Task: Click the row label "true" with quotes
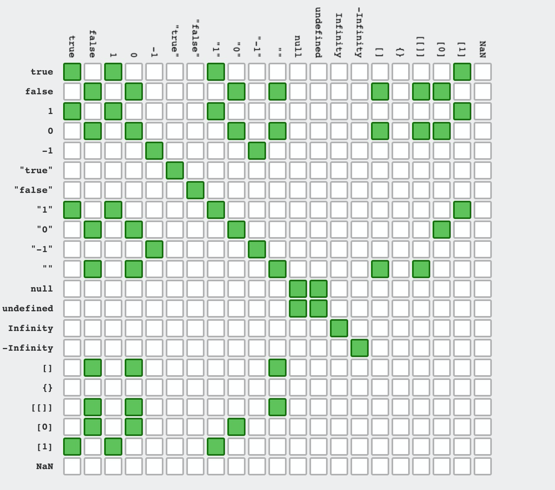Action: pos(36,170)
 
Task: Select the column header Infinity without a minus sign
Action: pos(339,35)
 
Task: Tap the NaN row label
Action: pos(45,466)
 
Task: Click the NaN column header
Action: pos(482,49)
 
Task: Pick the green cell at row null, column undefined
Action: pos(319,289)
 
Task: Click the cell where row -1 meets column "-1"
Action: pos(257,151)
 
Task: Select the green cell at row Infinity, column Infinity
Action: pos(339,328)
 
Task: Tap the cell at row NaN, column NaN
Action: pos(483,466)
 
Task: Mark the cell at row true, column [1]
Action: pos(462,72)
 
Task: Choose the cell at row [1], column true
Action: pos(72,447)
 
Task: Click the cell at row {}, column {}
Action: pos(401,387)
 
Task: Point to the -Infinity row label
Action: pos(28,348)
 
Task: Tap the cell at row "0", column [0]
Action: pos(442,230)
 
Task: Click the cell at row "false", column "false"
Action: pos(195,190)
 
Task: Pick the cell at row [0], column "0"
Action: pos(236,427)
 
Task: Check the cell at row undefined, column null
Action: pos(298,309)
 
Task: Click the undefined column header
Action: pos(318,32)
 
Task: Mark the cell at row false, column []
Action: pos(380,92)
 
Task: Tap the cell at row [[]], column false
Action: pos(93,407)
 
